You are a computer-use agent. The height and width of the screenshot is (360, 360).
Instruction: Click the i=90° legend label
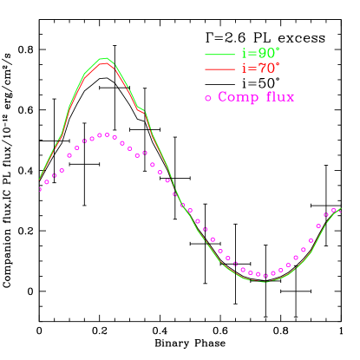(260, 54)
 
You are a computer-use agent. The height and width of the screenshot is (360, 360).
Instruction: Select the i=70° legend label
(260, 68)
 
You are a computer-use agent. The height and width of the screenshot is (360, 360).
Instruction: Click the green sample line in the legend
(219, 55)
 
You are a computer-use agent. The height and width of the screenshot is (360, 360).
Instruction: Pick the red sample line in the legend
(219, 69)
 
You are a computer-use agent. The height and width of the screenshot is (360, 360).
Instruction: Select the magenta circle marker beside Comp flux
(208, 98)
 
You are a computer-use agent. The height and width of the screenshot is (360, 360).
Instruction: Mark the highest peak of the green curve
(104, 58)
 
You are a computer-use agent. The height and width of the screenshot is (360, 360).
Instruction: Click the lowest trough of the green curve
(265, 282)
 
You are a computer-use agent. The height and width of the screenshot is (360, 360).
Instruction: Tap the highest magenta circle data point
(103, 134)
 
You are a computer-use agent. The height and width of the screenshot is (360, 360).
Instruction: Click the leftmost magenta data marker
(40, 189)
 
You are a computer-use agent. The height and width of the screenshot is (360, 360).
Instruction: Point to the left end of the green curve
(40, 180)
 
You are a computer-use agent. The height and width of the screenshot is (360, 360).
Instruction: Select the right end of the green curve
(340, 208)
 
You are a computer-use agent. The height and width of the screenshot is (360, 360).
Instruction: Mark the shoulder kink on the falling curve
(141, 110)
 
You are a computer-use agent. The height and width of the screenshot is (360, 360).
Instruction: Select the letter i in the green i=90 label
(243, 54)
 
